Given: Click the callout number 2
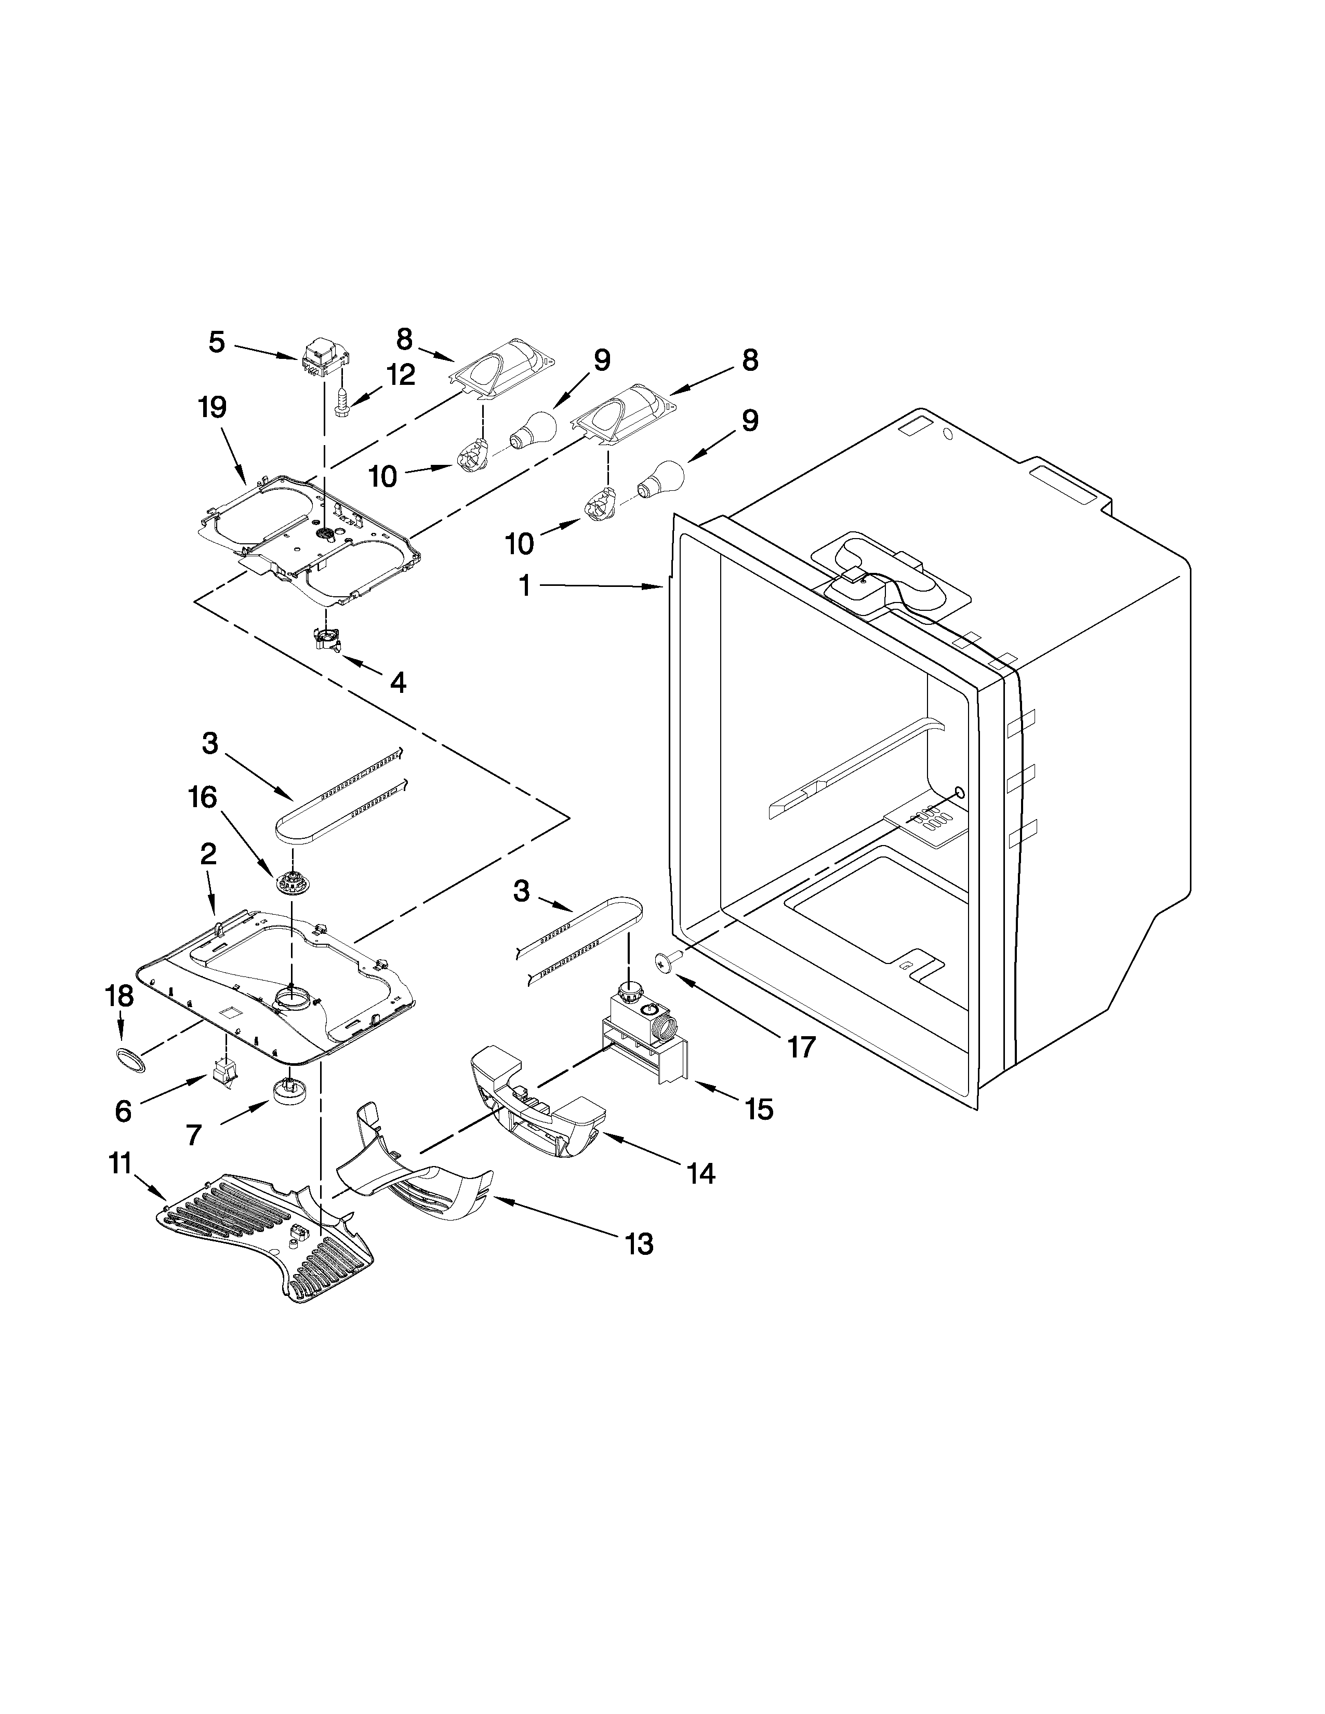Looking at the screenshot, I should click(207, 854).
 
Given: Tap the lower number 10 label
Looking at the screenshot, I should click(520, 543).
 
